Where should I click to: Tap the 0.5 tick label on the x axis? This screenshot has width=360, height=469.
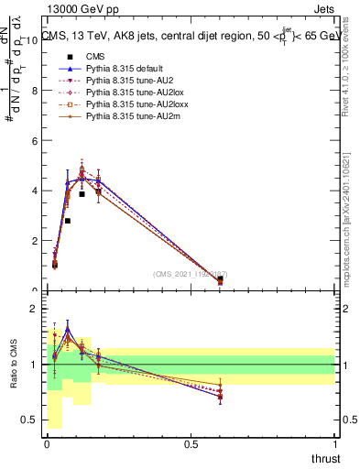pos(191,444)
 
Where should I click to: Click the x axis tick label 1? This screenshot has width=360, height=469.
pos(335,444)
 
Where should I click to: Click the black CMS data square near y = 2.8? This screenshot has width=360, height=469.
pos(68,221)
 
